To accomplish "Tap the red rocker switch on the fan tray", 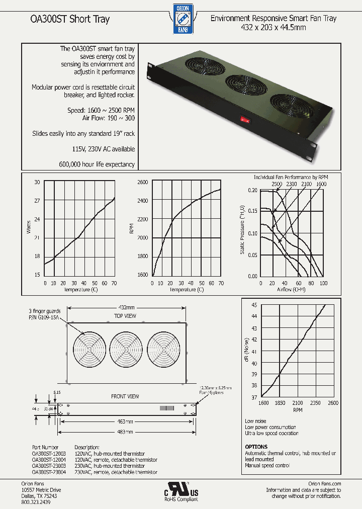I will [245, 120].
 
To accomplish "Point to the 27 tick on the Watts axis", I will [37, 201].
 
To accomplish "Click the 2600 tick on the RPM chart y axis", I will [142, 182].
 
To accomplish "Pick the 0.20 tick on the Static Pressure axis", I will [252, 191].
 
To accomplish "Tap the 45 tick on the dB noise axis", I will [254, 305].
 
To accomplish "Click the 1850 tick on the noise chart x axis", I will [281, 403].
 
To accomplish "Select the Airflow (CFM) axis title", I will [291, 290].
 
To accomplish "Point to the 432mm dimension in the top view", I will [126, 308].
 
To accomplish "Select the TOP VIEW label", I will [125, 316].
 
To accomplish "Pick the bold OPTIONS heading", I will [256, 447].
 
